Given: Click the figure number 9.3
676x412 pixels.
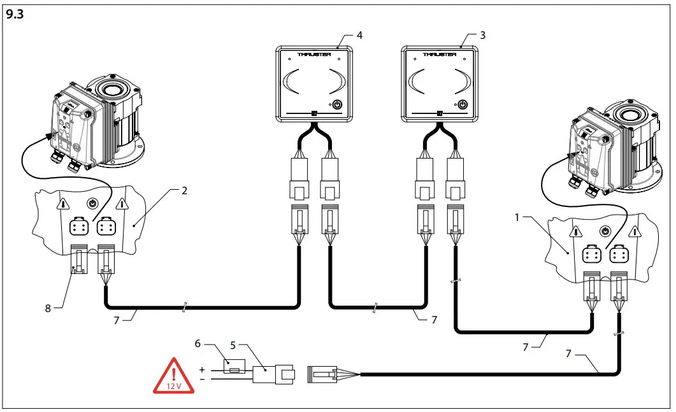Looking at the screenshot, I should click(x=15, y=16).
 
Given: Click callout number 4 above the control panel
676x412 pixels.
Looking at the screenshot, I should click(x=360, y=36).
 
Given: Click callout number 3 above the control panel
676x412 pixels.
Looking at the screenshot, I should click(x=482, y=36).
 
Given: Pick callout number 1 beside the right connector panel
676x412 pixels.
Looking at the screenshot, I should click(x=518, y=217).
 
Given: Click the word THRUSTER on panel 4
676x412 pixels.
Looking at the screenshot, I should click(x=314, y=55).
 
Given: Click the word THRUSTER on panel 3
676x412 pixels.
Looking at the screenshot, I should click(x=440, y=55).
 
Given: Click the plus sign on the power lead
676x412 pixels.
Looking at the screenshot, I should click(x=202, y=369).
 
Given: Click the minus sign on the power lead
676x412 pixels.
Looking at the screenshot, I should click(x=202, y=380).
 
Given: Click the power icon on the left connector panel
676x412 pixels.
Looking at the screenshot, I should click(x=92, y=204).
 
